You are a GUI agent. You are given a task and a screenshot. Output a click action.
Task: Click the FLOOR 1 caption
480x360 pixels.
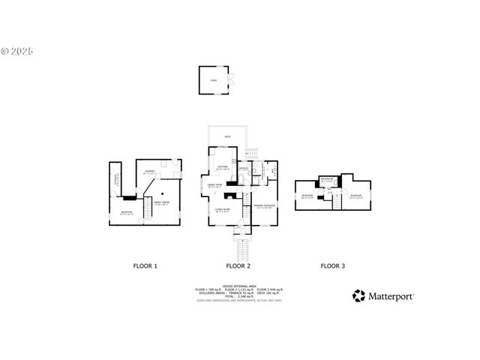tap(145, 265)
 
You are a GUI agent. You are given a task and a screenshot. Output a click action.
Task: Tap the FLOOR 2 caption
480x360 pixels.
tap(238, 265)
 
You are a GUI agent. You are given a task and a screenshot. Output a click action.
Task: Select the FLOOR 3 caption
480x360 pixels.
tap(332, 265)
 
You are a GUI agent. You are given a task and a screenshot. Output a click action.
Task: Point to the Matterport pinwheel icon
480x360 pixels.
tap(359, 296)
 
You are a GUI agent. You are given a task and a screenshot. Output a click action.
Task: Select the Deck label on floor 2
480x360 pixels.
tap(226, 136)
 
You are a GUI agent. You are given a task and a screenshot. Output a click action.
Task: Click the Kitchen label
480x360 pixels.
tap(223, 166)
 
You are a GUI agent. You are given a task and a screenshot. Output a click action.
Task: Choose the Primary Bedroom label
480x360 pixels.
tap(263, 205)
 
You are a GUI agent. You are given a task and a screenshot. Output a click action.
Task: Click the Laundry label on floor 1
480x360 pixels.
tap(150, 172)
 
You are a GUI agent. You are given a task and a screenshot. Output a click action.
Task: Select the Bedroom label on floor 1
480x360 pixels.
tap(127, 212)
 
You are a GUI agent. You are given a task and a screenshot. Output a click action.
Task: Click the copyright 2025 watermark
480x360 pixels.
tap(18, 52)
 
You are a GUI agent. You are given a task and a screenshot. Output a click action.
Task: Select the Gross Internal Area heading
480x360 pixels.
tap(239, 284)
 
